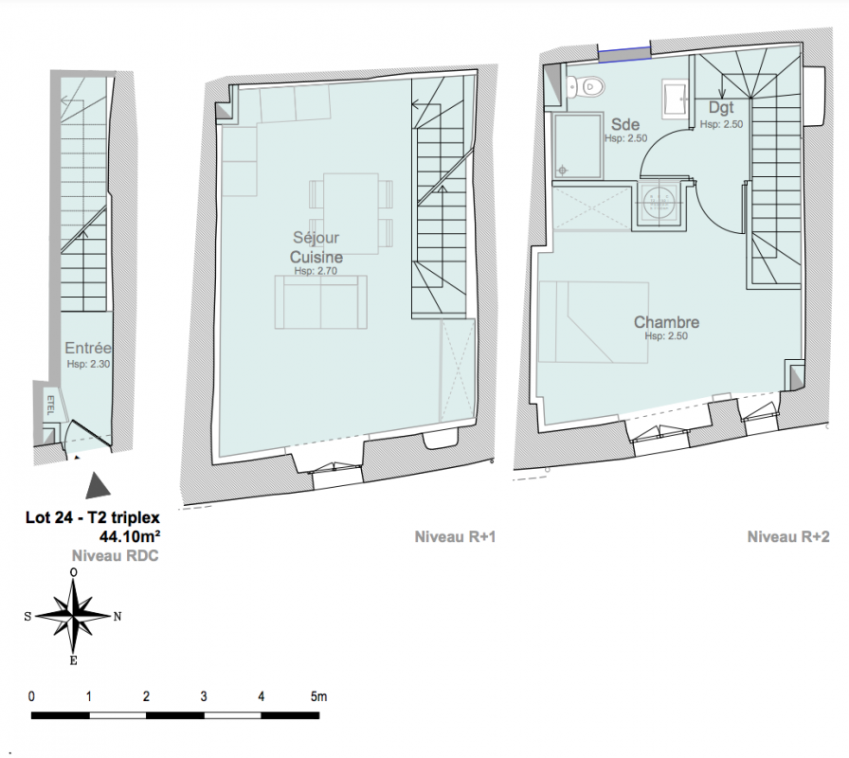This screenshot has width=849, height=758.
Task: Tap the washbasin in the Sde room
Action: coord(676,99)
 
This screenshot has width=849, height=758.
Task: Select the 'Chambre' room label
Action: coord(666,322)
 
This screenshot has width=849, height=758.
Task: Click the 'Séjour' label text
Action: coord(316,237)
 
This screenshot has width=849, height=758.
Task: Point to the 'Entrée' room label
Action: coord(88,348)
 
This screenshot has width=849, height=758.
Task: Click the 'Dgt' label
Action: coord(721,107)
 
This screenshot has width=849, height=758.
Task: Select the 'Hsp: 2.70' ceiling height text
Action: coord(316,271)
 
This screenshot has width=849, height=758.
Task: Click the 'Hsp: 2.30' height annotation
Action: coord(88,364)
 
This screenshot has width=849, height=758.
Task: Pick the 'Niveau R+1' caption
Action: coord(455,536)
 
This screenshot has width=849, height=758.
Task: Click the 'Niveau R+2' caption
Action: coord(788,536)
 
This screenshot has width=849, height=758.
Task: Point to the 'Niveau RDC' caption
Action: coord(116,555)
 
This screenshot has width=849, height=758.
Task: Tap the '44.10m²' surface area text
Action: coord(130,536)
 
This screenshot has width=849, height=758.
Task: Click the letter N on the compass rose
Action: coord(117,616)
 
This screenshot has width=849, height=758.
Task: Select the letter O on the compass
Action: coord(74,572)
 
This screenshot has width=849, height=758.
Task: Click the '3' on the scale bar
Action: coord(204,696)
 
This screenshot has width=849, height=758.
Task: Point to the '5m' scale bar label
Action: coord(319,696)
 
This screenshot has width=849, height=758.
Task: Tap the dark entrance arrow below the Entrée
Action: coord(98,486)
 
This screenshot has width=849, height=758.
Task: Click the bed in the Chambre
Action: coord(593,322)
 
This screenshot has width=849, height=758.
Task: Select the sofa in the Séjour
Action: coord(321,301)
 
